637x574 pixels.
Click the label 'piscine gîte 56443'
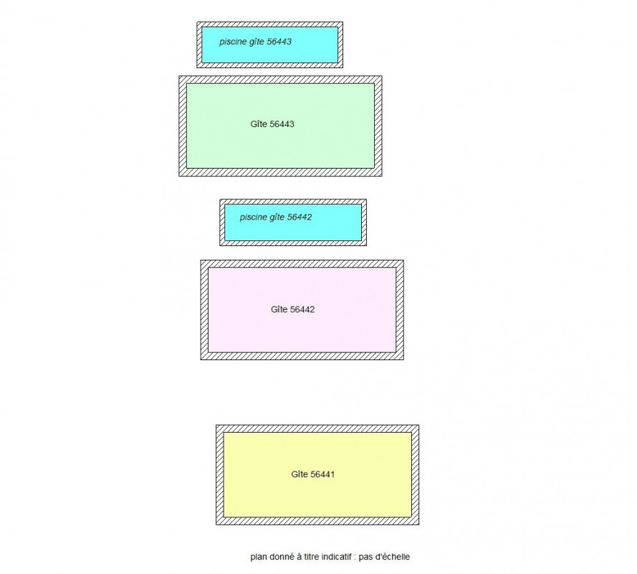pyautogui.click(x=255, y=42)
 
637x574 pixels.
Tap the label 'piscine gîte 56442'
pyautogui.click(x=276, y=217)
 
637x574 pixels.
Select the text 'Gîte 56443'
pyautogui.click(x=272, y=124)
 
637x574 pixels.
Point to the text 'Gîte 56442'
pyautogui.click(x=293, y=309)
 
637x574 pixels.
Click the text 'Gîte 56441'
pyautogui.click(x=313, y=474)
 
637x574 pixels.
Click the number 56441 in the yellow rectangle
pyautogui.click(x=322, y=474)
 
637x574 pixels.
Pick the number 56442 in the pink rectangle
pyautogui.click(x=302, y=309)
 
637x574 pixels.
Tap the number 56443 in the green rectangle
pyautogui.click(x=282, y=124)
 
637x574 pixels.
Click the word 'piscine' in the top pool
pyautogui.click(x=233, y=42)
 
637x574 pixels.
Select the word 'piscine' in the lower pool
pyautogui.click(x=254, y=217)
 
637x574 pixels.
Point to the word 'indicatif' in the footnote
pyautogui.click(x=337, y=557)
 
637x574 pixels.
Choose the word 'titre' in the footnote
pyautogui.click(x=312, y=557)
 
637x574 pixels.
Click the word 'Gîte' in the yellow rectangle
pyautogui.click(x=300, y=474)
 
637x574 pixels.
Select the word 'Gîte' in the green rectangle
pyautogui.click(x=259, y=124)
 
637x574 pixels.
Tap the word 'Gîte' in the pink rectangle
pyautogui.click(x=279, y=309)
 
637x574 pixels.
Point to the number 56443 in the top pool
pyautogui.click(x=279, y=42)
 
